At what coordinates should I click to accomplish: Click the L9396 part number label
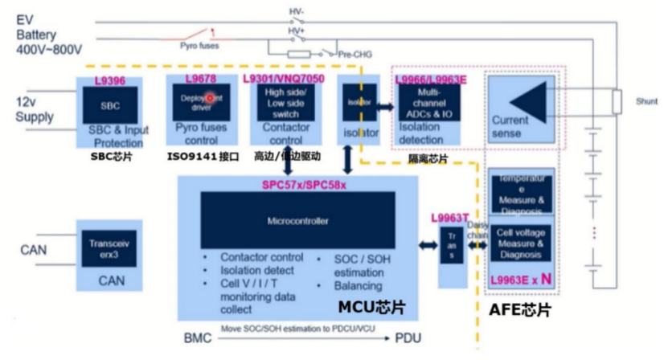pyautogui.click(x=109, y=82)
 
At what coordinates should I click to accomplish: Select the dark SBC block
pyautogui.click(x=109, y=105)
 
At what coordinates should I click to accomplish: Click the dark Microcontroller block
pyautogui.click(x=297, y=219)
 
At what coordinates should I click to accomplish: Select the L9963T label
pyautogui.click(x=449, y=217)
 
